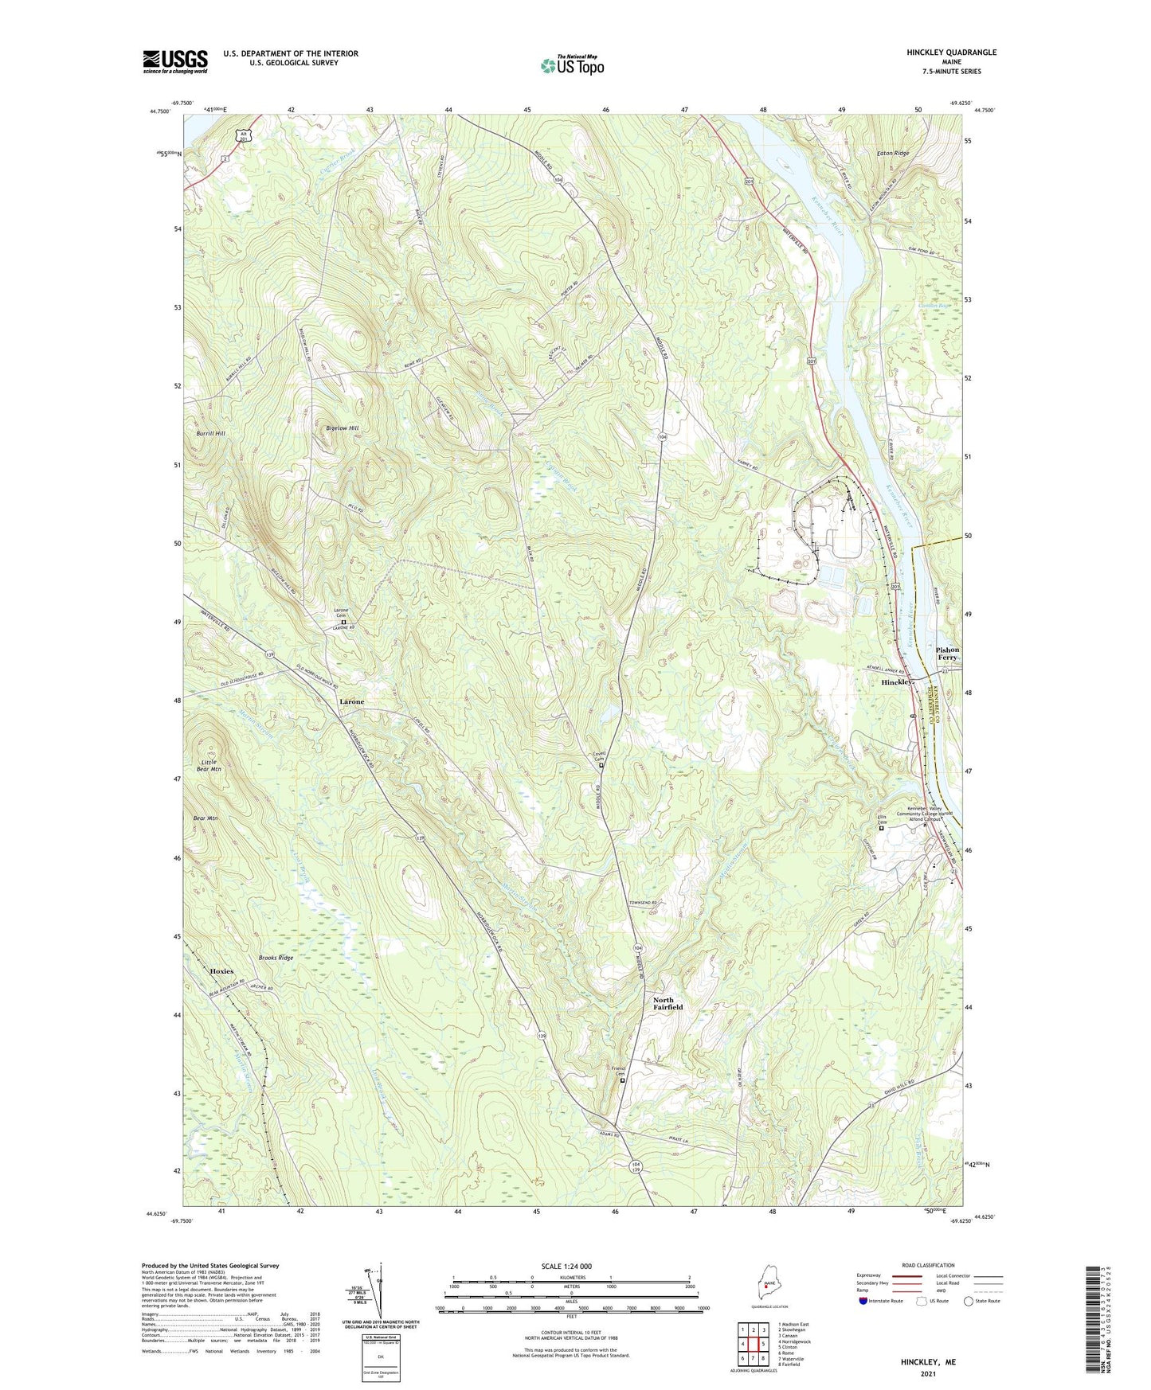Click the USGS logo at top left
pos(174,61)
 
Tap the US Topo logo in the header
pos(572,65)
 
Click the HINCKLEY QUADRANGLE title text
pos(951,53)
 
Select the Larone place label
pos(351,701)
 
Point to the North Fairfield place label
pos(668,1003)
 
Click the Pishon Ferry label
pos(947,654)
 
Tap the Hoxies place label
pos(221,971)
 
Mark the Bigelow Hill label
pos(343,428)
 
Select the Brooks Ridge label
pos(276,958)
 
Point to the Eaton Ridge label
pos(892,153)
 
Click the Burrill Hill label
pos(210,433)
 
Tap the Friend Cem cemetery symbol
pos(622,1081)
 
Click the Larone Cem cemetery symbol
pos(344,623)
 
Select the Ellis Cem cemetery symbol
pos(881,829)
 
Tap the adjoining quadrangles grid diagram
pos(753,1345)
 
